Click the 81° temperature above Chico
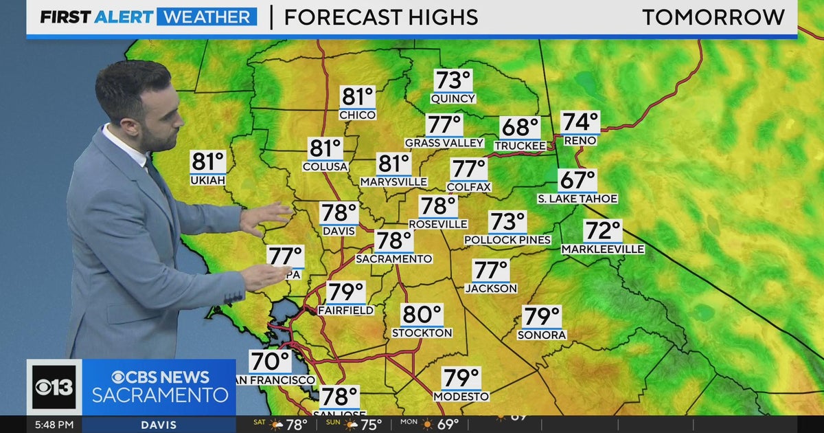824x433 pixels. coord(358,97)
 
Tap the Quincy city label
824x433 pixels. coord(453,98)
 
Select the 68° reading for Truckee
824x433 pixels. coord(519,128)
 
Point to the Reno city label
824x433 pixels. coord(580,140)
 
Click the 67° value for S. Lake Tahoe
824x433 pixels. coord(577,180)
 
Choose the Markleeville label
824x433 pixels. coord(603,249)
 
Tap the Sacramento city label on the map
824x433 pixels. coord(393,258)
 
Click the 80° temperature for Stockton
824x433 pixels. coord(422,315)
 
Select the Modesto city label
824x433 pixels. coord(461,397)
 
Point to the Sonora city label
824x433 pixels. coord(542,335)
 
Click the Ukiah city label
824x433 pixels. coord(207,180)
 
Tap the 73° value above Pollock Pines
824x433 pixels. coord(507,222)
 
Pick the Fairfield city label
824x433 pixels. coord(345,311)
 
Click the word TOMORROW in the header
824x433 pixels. coord(713,17)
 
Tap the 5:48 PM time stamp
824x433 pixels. coord(54,425)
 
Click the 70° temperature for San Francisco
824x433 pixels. coord(269,361)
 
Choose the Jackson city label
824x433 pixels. coord(490,289)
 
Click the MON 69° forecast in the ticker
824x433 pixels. coord(439,425)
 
